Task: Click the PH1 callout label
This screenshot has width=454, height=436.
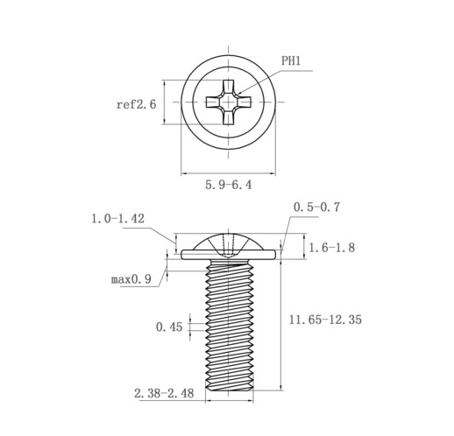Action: coord(291,61)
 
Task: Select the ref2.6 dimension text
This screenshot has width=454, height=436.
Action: coord(136,104)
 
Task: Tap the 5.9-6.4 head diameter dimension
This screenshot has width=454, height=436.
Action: coord(228,185)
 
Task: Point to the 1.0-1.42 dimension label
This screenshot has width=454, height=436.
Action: coord(117,218)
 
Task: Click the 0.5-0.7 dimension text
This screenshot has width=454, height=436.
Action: coord(316,207)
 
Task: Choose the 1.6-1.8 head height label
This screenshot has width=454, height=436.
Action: coord(332,248)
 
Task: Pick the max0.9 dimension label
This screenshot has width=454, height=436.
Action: coord(131,279)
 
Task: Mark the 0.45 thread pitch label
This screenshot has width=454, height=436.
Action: coord(169,327)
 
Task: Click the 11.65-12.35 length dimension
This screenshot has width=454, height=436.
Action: coord(325,320)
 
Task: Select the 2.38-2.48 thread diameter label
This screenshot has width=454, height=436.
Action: coord(164,393)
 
